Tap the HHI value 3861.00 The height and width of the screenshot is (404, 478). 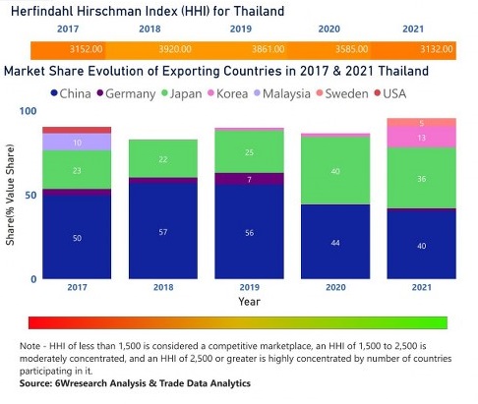256,48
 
